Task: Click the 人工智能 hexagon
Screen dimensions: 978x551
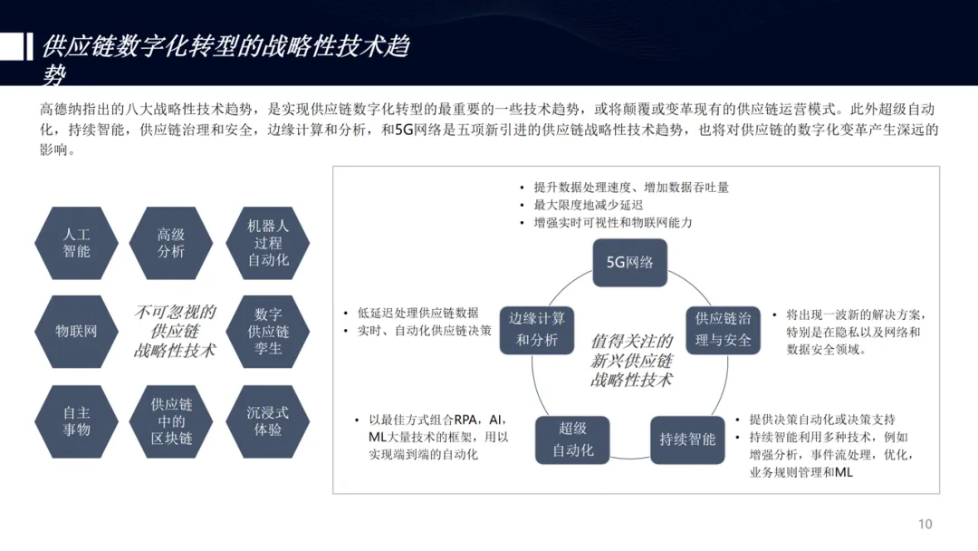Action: tap(76, 243)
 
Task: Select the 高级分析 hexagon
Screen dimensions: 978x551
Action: tap(171, 243)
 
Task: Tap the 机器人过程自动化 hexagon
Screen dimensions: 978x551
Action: tap(268, 243)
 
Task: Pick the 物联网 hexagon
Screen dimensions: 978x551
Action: tap(76, 331)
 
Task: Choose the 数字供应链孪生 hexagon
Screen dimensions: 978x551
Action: tap(268, 331)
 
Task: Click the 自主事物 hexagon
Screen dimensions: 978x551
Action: tap(76, 420)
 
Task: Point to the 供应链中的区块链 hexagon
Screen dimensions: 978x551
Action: tap(171, 420)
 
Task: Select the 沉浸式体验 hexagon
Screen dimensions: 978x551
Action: tap(268, 420)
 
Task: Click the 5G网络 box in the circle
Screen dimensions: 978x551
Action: tap(629, 263)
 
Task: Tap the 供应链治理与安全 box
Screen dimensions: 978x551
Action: tap(723, 329)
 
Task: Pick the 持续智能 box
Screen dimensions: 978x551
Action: tap(687, 440)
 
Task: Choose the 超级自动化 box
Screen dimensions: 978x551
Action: tap(572, 440)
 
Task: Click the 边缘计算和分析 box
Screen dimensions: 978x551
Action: tap(537, 329)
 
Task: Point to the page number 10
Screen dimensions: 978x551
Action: tap(925, 524)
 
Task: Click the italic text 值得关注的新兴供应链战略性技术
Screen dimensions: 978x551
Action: tap(631, 360)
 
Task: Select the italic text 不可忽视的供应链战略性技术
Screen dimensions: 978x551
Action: tap(175, 331)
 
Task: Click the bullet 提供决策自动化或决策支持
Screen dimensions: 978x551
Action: tap(821, 420)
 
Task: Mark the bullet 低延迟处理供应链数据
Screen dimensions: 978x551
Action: tap(417, 313)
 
